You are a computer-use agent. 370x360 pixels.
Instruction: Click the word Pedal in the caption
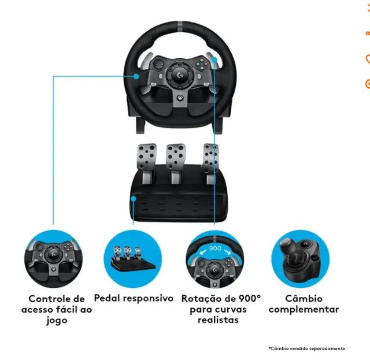point(106,298)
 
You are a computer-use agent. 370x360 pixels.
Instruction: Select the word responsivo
point(147,299)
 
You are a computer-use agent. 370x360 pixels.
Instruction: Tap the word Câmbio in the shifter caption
point(304,299)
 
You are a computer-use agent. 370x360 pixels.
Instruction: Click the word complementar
point(304,310)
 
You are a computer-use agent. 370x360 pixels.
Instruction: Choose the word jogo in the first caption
point(57,320)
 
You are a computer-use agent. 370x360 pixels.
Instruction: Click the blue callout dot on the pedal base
point(134,198)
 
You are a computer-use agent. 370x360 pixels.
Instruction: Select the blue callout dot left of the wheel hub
point(136,75)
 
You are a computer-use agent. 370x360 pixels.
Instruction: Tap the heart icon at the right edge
point(367,58)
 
